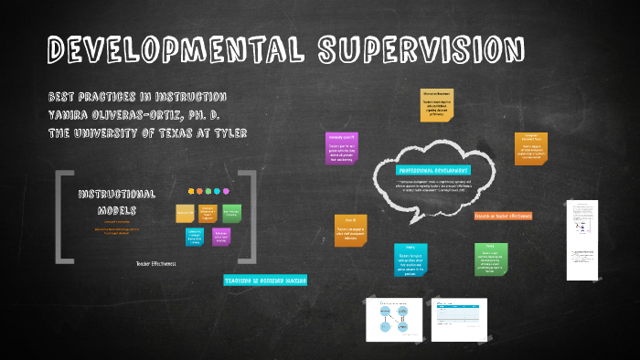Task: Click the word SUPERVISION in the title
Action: (x=422, y=51)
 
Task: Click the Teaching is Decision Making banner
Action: (x=265, y=280)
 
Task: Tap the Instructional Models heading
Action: (x=116, y=202)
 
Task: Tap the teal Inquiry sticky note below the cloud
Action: (x=411, y=260)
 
